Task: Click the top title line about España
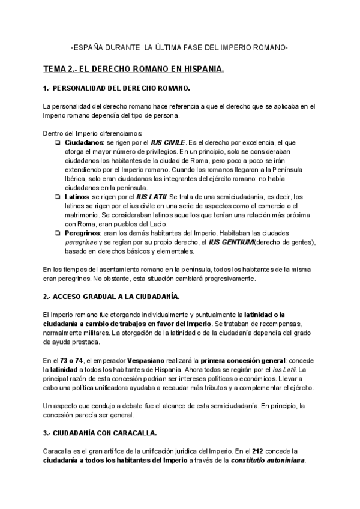click(x=179, y=47)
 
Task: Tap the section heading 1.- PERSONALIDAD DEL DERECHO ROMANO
click(x=116, y=88)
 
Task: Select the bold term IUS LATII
click(x=152, y=196)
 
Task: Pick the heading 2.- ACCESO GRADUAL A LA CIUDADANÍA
click(x=112, y=297)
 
